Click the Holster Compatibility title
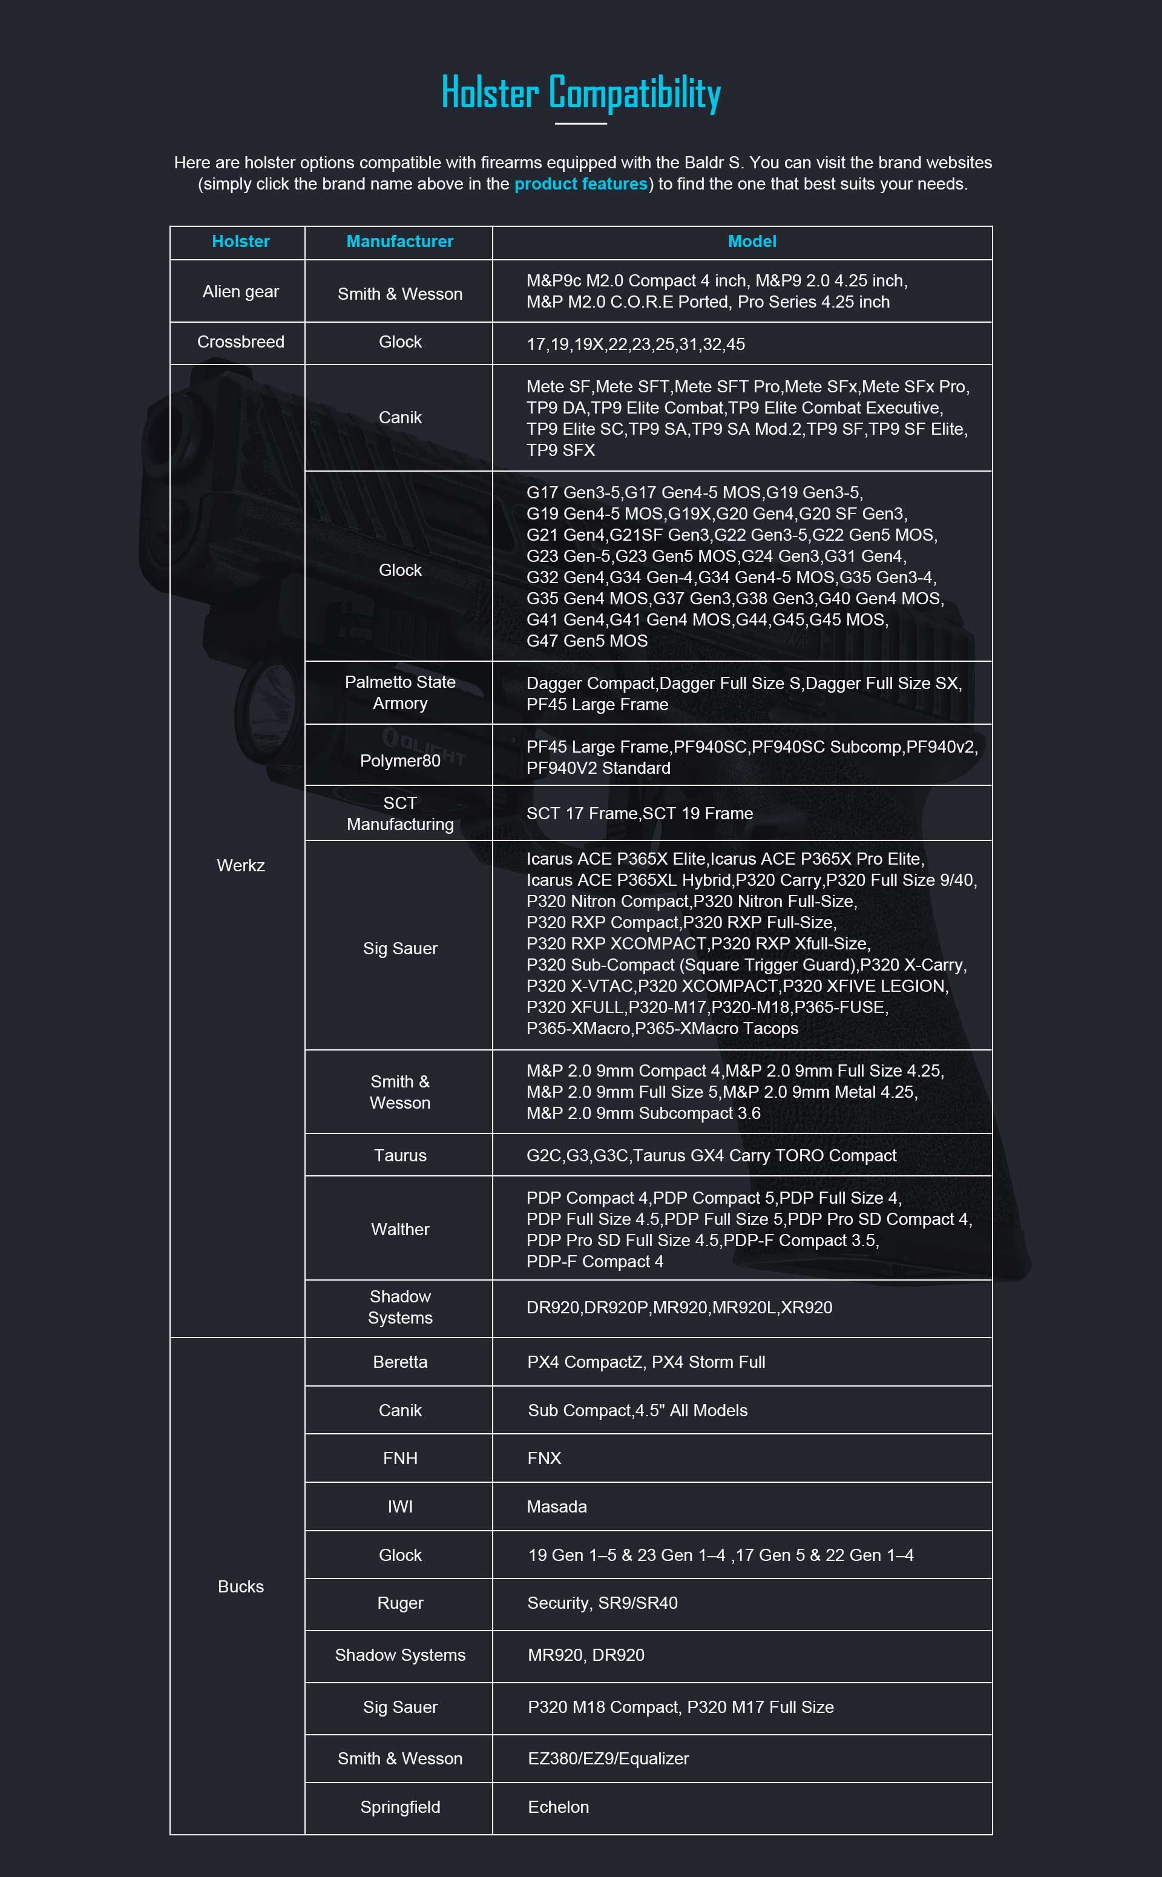[581, 93]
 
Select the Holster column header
[240, 242]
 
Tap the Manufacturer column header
[399, 242]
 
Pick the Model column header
[752, 242]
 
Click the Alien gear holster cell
[240, 292]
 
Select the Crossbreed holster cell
[240, 342]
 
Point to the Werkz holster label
[240, 865]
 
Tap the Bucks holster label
[240, 1586]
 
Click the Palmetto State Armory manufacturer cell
[399, 693]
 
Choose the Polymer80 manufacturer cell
[399, 760]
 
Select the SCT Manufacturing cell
[399, 813]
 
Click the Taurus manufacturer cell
[399, 1155]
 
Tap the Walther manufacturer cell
[399, 1229]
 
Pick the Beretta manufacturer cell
[399, 1362]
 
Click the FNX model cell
[544, 1458]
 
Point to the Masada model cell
[556, 1506]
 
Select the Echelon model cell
[558, 1807]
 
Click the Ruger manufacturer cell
[399, 1603]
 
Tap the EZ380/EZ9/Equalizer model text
[608, 1759]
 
